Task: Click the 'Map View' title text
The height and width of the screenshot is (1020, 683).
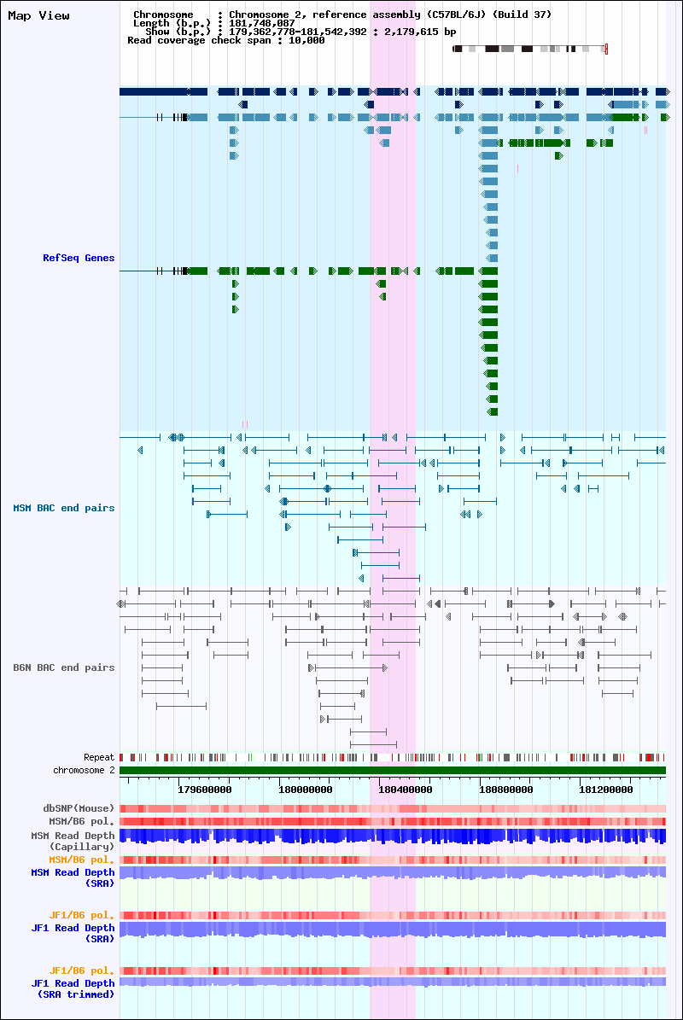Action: (x=38, y=15)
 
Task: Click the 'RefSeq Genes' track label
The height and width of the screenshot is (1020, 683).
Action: (x=79, y=258)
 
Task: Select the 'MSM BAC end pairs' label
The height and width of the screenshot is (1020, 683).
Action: (x=64, y=508)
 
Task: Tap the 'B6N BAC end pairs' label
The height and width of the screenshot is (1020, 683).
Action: (x=64, y=667)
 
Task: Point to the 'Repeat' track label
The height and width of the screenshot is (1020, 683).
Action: (x=99, y=757)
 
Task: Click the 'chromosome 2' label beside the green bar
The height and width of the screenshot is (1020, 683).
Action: (x=84, y=770)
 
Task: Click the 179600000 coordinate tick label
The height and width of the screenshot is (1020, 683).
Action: (x=204, y=789)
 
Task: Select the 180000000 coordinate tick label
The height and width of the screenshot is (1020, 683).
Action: (x=305, y=789)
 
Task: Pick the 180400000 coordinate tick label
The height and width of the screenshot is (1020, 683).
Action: (x=406, y=789)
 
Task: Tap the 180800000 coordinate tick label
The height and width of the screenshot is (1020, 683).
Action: (x=506, y=789)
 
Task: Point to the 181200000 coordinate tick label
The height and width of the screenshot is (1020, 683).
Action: (x=605, y=789)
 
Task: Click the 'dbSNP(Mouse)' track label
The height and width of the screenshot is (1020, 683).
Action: (x=79, y=808)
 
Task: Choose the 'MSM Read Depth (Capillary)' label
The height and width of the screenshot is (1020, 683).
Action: (x=73, y=841)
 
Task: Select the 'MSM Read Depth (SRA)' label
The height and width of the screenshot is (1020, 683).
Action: (x=73, y=877)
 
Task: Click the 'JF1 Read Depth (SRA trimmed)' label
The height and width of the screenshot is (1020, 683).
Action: (x=73, y=988)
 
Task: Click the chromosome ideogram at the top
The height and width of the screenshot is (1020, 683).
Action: (x=530, y=49)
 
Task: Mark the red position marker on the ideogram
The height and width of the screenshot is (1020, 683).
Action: (x=606, y=49)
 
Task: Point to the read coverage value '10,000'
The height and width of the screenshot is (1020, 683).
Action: (x=306, y=40)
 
